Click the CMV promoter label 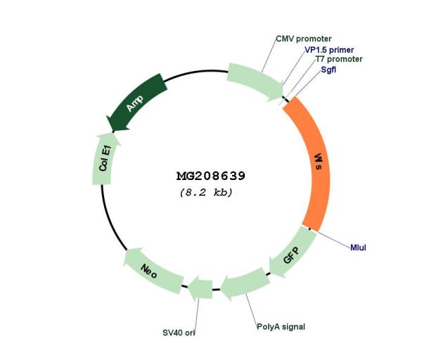pos(304,39)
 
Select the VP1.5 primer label pos(329,50)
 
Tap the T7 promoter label pos(339,59)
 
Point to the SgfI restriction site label pos(328,70)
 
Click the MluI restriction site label pos(358,247)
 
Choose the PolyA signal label pos(281,327)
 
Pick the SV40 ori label pos(179,333)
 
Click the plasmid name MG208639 pos(211,176)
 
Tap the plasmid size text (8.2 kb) pos(206,193)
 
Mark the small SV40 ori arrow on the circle pos(200,289)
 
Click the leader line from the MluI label pos(333,239)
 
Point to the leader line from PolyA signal pos(251,309)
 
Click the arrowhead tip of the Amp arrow pos(113,132)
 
